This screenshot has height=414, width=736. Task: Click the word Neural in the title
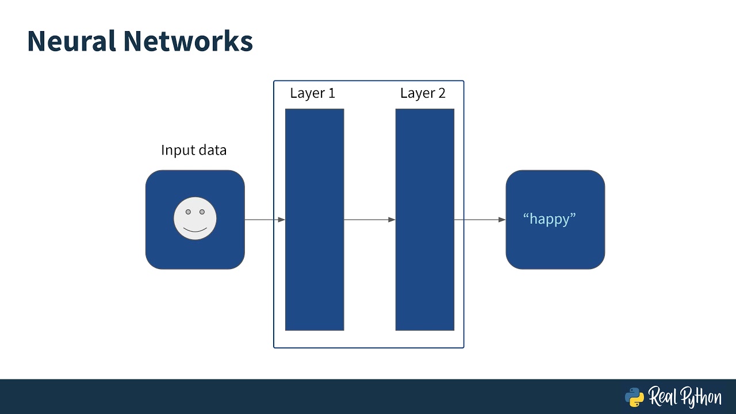[70, 41]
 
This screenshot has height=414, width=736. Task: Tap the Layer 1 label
[312, 93]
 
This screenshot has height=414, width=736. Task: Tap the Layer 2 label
[423, 93]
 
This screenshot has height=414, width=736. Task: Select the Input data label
[194, 151]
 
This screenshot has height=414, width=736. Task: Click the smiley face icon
[195, 218]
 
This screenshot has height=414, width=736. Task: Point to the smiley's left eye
[188, 212]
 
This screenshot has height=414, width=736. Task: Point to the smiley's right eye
[202, 212]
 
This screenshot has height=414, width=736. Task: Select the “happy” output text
[549, 219]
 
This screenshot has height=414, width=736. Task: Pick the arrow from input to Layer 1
[263, 220]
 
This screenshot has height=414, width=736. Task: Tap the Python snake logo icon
[634, 397]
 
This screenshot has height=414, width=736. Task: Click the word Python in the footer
[702, 397]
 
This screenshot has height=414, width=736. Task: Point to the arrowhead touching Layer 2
[392, 220]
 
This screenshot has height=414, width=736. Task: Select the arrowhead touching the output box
[502, 220]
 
